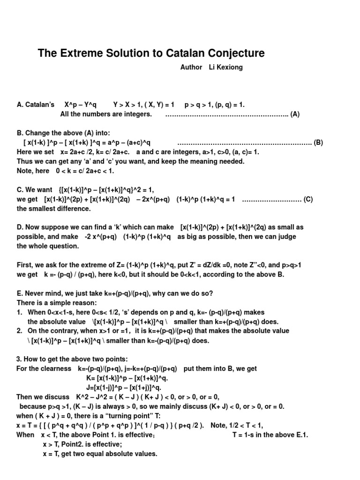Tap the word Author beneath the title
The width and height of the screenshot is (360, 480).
[191, 67]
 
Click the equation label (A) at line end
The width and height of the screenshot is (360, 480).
[295, 114]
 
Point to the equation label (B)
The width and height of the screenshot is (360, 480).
[318, 142]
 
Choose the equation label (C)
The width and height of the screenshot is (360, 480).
[308, 199]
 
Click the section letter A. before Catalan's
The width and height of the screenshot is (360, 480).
[20, 105]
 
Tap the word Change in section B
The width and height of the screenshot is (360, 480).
[36, 133]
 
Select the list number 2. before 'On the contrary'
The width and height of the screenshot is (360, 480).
[20, 331]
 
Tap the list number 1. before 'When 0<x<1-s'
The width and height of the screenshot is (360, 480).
[20, 312]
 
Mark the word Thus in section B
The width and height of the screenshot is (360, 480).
[24, 161]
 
